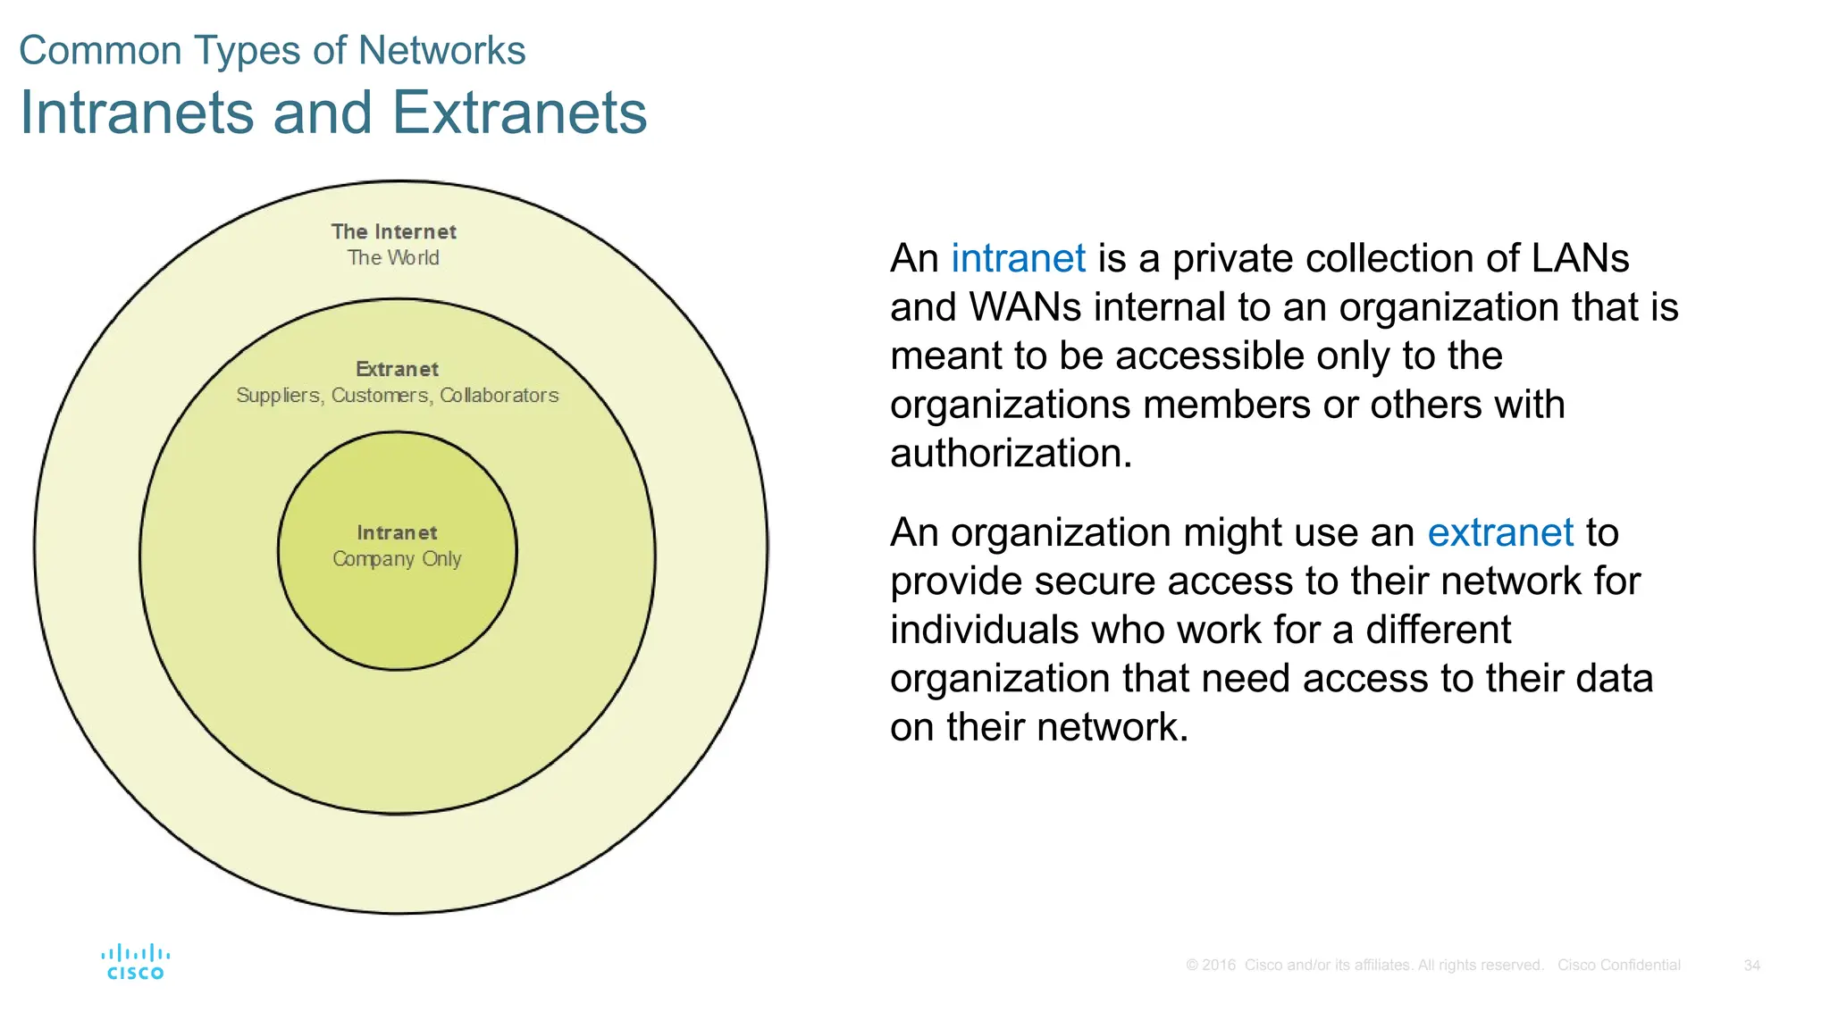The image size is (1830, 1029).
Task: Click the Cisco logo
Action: coord(135,963)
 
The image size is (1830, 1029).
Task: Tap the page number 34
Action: coord(1751,966)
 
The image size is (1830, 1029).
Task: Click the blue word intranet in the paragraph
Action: coord(1018,259)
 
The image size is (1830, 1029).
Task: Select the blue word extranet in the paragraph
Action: coord(1499,533)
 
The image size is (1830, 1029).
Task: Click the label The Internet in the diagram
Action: coord(393,232)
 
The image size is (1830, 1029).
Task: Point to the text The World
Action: coord(393,258)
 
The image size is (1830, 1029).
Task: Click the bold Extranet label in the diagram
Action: coord(397,370)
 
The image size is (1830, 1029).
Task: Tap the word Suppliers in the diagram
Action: coord(278,396)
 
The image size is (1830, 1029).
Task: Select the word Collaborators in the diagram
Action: coord(499,396)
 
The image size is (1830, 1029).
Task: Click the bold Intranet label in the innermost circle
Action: coord(397,533)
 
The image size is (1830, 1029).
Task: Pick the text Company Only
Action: coord(397,559)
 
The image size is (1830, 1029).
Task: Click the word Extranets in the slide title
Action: coord(519,113)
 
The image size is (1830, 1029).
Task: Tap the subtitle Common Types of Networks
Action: coord(272,51)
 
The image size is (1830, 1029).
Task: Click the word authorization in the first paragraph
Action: coord(1010,454)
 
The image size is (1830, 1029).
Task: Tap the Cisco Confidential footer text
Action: coord(1618,966)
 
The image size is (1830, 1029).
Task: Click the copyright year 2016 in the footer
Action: coord(1218,966)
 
